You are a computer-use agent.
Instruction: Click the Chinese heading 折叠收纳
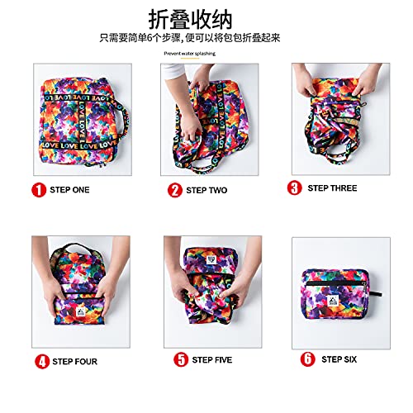tap(206, 17)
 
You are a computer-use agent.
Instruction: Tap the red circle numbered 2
tap(175, 190)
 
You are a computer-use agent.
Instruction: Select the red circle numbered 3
tap(295, 188)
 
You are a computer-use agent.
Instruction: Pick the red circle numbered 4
tap(40, 360)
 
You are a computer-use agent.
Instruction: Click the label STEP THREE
tap(333, 188)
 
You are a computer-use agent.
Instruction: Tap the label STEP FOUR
tap(74, 361)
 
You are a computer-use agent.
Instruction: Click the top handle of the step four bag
tap(72, 246)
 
